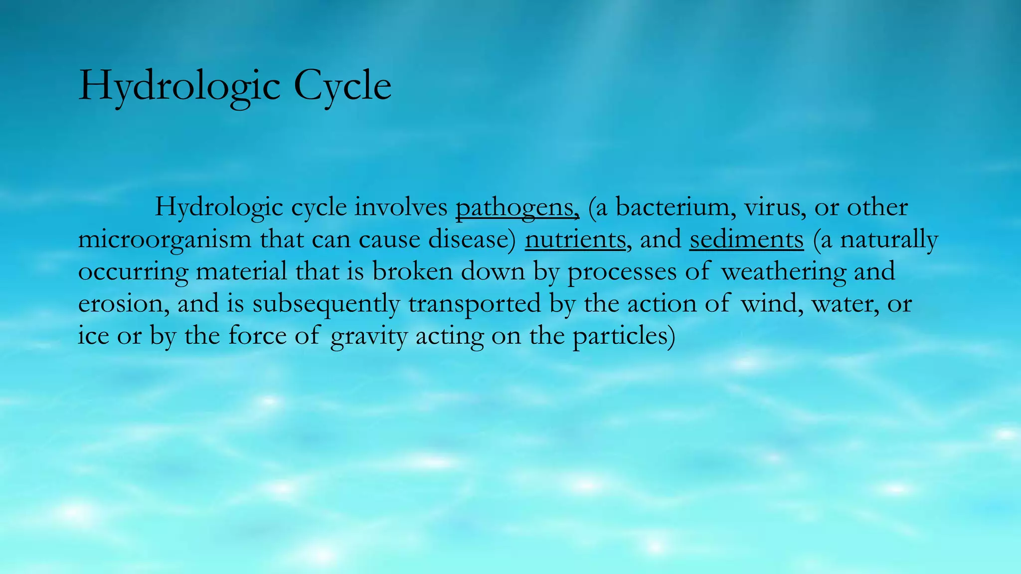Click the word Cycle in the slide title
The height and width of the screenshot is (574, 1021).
(x=342, y=86)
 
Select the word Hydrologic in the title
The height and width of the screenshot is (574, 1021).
(x=179, y=86)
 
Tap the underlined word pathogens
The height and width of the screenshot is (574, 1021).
(x=516, y=207)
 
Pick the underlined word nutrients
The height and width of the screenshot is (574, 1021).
(x=575, y=239)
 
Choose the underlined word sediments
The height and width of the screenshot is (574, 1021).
(x=746, y=239)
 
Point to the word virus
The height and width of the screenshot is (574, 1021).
(x=775, y=207)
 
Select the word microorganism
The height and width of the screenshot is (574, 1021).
(x=165, y=239)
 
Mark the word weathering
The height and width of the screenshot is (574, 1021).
(x=783, y=272)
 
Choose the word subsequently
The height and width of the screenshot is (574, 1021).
(x=326, y=303)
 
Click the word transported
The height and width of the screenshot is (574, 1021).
(x=474, y=303)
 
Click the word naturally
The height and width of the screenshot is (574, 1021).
(x=888, y=239)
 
